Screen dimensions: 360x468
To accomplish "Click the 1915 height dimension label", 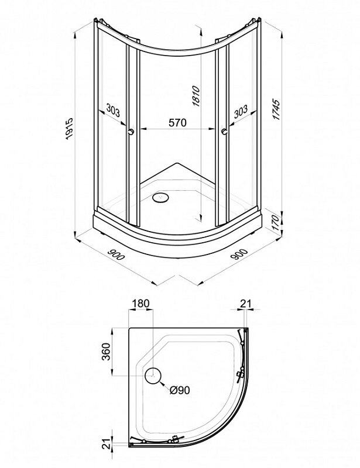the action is point(69,129).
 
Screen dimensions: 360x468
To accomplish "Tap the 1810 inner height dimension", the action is point(196,96).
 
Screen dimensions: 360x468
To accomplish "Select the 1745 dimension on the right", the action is point(277,109).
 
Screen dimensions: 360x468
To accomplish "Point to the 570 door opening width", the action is point(177,123).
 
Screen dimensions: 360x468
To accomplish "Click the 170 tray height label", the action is point(277,222).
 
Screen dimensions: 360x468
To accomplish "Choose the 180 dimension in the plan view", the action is point(140,303).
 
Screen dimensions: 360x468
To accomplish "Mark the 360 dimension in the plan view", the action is point(106,352).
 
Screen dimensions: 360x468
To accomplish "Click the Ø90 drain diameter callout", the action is point(180,390).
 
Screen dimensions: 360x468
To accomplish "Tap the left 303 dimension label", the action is point(113,111).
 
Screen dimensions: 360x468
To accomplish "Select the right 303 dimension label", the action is point(241,111).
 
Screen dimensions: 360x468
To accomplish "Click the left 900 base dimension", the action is point(115,254).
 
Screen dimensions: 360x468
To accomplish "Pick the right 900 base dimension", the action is point(239,254).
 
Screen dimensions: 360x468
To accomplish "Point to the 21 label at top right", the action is point(246,304).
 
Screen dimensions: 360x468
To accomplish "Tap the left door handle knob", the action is point(131,131).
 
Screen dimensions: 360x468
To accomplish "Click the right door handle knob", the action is point(225,131).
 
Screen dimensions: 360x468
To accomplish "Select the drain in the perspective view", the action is point(161,197).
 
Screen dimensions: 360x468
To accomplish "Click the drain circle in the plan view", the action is point(153,376).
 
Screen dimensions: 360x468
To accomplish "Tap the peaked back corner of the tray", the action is point(177,163).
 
